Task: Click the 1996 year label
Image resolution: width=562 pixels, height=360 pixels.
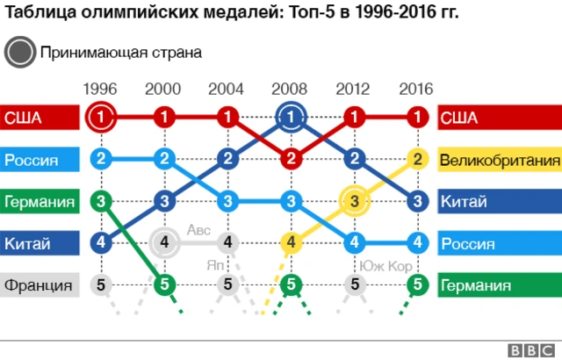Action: pos(100,89)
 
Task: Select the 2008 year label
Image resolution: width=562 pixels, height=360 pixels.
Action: pos(290,89)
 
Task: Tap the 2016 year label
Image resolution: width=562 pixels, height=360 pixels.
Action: pos(416,89)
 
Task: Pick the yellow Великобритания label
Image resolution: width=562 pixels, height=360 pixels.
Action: pos(499,160)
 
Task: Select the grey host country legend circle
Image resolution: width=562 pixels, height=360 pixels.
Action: pos(18,52)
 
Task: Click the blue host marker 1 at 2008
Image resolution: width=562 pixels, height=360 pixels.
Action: pos(291,117)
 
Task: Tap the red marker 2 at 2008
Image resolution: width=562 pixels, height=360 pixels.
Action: pos(291,159)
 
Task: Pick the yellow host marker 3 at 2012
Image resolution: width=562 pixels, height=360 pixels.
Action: pos(354,201)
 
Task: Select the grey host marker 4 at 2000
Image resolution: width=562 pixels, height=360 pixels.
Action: pos(164,242)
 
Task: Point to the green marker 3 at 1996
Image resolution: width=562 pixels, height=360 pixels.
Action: pos(101,201)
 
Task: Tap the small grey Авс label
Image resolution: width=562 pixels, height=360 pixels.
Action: pos(198,230)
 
